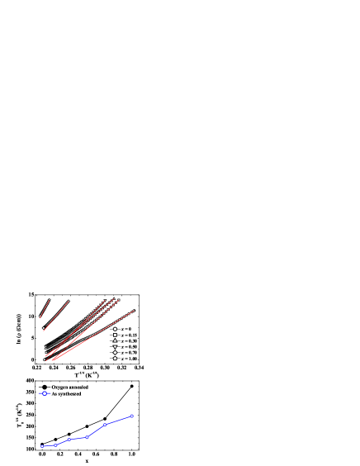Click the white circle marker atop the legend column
pos(115,329)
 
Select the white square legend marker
pos(115,335)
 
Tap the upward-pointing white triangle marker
pos(115,340)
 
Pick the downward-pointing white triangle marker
pos(115,346)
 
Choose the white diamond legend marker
pos(115,352)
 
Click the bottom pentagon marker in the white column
pos(115,358)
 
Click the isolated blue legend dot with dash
pos(45,393)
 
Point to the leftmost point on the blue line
pos(42,446)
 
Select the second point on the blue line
pos(55,445)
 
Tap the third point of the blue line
pos(69,440)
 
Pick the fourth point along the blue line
pos(87,437)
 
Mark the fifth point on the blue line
pos(105,425)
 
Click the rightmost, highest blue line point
pos(132,416)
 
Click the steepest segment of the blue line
pos(96,430)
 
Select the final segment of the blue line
pos(119,420)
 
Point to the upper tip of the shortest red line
pos(50,300)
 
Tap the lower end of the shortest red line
pos(40,316)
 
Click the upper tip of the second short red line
pos(69,301)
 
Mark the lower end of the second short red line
pos(44,329)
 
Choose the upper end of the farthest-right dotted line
pos(134,311)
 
